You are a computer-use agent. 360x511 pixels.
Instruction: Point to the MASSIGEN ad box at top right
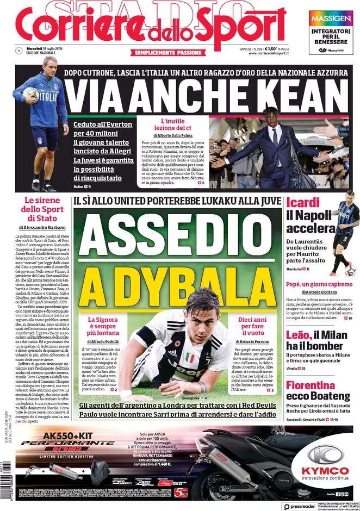pyautogui.click(x=331, y=33)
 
